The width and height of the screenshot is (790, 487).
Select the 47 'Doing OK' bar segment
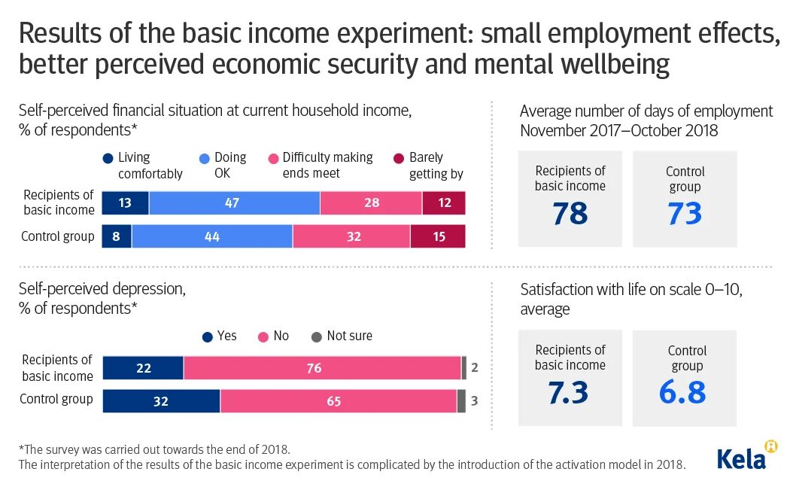pyautogui.click(x=234, y=203)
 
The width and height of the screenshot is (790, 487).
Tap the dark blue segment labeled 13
pyautogui.click(x=125, y=203)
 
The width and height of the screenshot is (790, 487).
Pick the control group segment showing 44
pyautogui.click(x=211, y=236)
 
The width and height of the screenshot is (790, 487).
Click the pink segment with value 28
pyautogui.click(x=370, y=203)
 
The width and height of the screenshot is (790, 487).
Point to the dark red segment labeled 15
pyautogui.click(x=438, y=236)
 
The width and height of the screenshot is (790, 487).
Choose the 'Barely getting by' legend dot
pyautogui.click(x=399, y=158)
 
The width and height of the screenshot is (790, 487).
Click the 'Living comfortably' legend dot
pyautogui.click(x=108, y=158)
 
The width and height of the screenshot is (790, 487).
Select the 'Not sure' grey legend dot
pyautogui.click(x=316, y=336)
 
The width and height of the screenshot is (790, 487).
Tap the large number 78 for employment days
pyautogui.click(x=570, y=213)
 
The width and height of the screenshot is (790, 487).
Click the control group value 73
pyautogui.click(x=684, y=214)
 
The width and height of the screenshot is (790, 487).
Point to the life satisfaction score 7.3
pyautogui.click(x=569, y=392)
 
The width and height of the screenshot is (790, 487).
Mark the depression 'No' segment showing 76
pyautogui.click(x=322, y=368)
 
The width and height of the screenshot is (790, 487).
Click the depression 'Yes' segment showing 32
pyautogui.click(x=161, y=401)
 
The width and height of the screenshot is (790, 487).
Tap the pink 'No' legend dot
pyautogui.click(x=263, y=336)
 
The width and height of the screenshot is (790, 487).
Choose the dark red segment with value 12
pyautogui.click(x=443, y=203)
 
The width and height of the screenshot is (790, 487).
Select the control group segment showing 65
pyautogui.click(x=338, y=401)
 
